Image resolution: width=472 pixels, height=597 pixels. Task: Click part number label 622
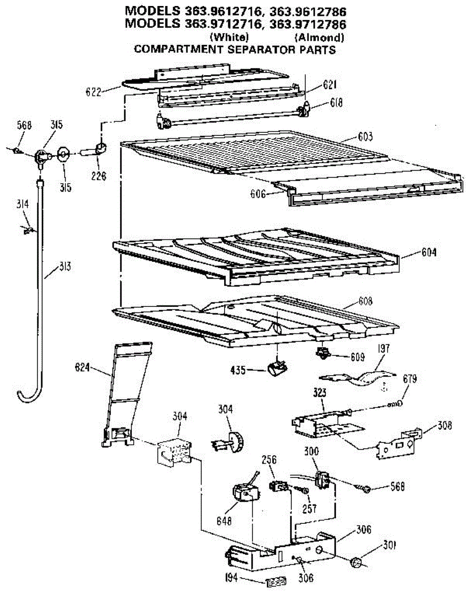point(93,92)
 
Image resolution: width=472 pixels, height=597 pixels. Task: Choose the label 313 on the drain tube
point(65,266)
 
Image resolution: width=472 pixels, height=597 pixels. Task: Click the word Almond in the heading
point(319,37)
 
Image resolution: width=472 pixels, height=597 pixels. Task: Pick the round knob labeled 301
point(357,563)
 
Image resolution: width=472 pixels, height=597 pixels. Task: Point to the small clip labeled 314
point(28,230)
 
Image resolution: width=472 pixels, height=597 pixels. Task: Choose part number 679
point(410,380)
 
